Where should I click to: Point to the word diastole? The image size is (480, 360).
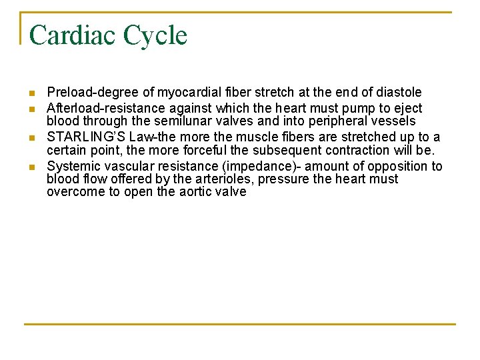click(397, 92)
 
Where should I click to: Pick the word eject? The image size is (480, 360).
click(407, 108)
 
